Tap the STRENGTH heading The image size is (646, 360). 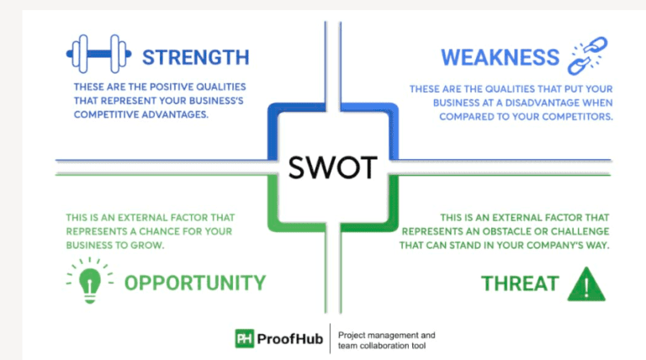pyautogui.click(x=195, y=57)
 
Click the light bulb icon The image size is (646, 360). pyautogui.click(x=89, y=279)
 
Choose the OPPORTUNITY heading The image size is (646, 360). pyautogui.click(x=195, y=283)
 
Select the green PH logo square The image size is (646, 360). pyautogui.click(x=245, y=338)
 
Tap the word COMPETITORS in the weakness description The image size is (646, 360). pyautogui.click(x=571, y=116)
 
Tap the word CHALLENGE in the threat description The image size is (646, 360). pyautogui.click(x=575, y=231)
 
